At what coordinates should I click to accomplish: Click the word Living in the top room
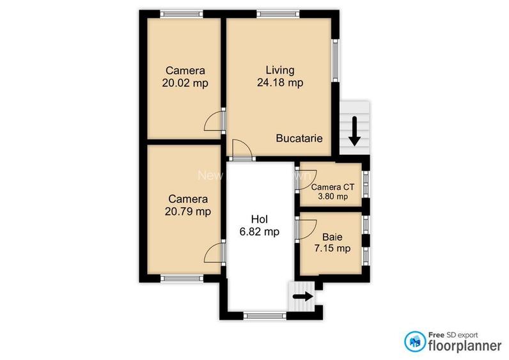(279, 70)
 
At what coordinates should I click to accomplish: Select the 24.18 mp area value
(279, 82)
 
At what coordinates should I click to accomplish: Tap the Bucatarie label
(299, 138)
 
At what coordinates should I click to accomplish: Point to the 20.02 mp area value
(187, 82)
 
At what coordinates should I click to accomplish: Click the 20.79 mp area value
(189, 211)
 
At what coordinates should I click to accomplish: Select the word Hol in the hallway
(258, 218)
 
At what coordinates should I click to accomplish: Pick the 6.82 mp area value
(258, 231)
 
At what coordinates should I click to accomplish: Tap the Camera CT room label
(333, 187)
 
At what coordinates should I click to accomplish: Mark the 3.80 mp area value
(333, 197)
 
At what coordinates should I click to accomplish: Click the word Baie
(333, 236)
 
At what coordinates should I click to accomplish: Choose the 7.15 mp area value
(333, 248)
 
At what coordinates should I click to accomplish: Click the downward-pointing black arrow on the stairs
(354, 131)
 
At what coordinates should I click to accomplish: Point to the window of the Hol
(263, 315)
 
